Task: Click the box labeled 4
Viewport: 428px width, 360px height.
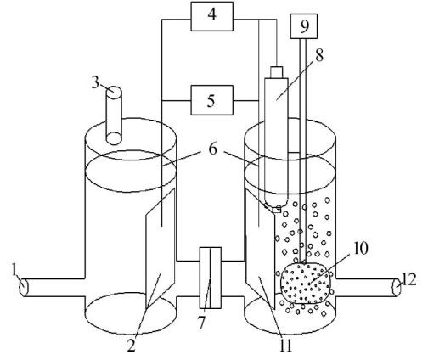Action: click(x=212, y=16)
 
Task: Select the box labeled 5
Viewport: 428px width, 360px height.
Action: click(x=212, y=100)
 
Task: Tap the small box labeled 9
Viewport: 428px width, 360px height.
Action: click(x=304, y=26)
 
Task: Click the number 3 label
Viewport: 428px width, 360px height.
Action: click(x=95, y=83)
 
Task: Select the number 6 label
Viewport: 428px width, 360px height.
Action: click(x=212, y=149)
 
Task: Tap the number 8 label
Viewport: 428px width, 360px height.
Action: click(x=319, y=56)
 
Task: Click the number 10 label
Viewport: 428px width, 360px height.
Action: click(x=360, y=248)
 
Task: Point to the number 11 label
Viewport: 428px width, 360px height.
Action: click(x=285, y=345)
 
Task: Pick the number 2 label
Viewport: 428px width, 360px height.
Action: click(x=132, y=346)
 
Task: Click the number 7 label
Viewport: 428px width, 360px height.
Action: click(x=201, y=323)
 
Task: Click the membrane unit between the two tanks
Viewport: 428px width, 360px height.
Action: click(x=211, y=278)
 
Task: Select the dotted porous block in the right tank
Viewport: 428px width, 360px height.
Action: click(x=306, y=283)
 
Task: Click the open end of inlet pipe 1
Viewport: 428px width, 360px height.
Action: click(x=23, y=288)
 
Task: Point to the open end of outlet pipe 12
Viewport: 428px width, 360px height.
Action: click(x=397, y=288)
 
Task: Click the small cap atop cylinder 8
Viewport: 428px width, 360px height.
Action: click(x=277, y=72)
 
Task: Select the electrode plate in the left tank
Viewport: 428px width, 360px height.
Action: click(x=160, y=249)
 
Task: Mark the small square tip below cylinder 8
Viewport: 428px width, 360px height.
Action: click(x=276, y=210)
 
